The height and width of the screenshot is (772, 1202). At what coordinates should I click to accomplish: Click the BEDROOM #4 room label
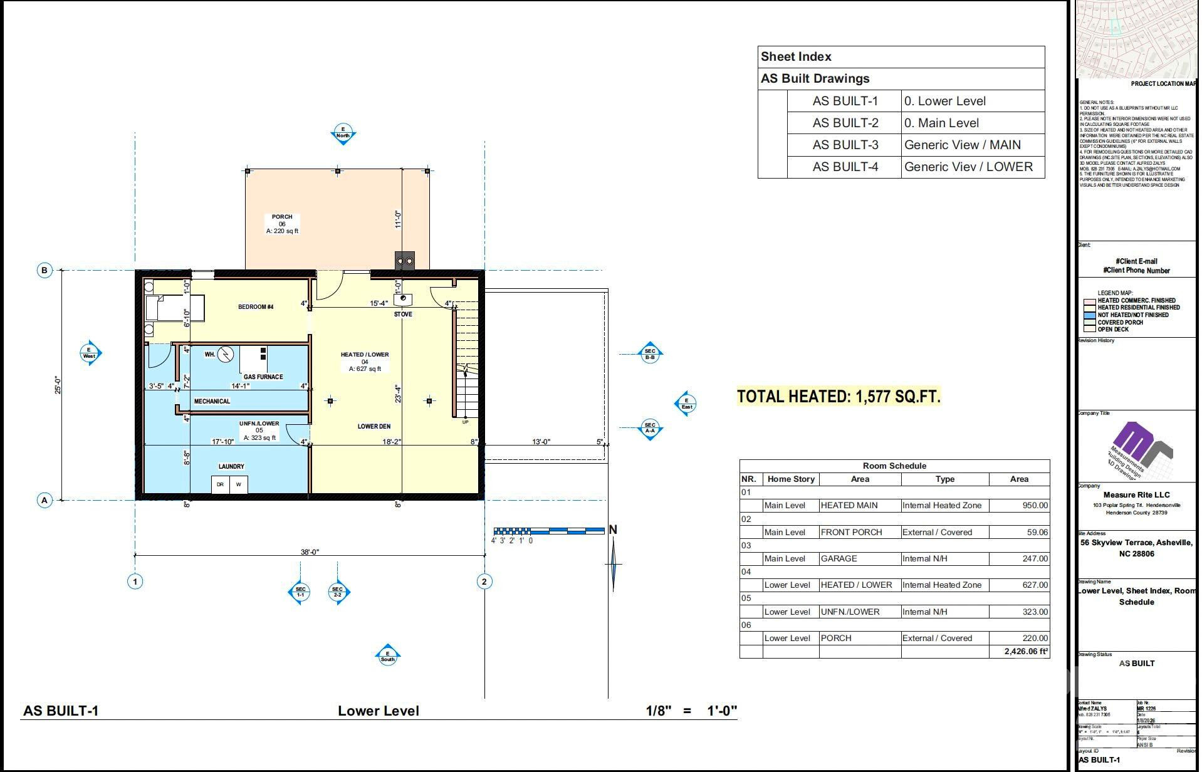(256, 306)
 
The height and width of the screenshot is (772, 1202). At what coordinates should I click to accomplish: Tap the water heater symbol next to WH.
(226, 355)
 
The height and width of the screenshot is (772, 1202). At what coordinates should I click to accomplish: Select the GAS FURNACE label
(263, 377)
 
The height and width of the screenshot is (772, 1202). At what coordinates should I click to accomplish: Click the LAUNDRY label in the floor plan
(231, 466)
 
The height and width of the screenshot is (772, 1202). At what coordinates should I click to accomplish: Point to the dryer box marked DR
(221, 484)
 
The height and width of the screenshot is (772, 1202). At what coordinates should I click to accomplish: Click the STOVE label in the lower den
(403, 314)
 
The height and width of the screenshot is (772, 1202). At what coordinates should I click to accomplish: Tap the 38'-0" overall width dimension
(310, 552)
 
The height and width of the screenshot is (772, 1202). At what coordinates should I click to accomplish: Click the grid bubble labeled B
(44, 271)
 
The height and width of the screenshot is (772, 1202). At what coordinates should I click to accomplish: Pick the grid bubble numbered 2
(484, 582)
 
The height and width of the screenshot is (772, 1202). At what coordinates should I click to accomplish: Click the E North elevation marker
(343, 133)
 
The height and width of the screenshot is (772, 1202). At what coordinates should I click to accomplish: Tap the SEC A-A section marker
(650, 428)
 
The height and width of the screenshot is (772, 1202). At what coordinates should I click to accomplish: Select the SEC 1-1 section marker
(300, 591)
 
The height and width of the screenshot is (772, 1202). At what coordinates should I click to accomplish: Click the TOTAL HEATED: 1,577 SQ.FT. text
(839, 397)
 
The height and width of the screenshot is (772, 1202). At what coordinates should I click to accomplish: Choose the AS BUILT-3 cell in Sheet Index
(845, 145)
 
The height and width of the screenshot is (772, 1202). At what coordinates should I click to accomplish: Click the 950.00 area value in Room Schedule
(1035, 505)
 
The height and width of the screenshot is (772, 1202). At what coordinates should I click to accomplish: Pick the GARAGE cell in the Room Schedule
(839, 558)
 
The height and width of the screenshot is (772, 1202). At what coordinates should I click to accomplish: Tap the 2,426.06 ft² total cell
(1026, 651)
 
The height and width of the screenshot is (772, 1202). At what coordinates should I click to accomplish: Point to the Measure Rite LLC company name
(1136, 494)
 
